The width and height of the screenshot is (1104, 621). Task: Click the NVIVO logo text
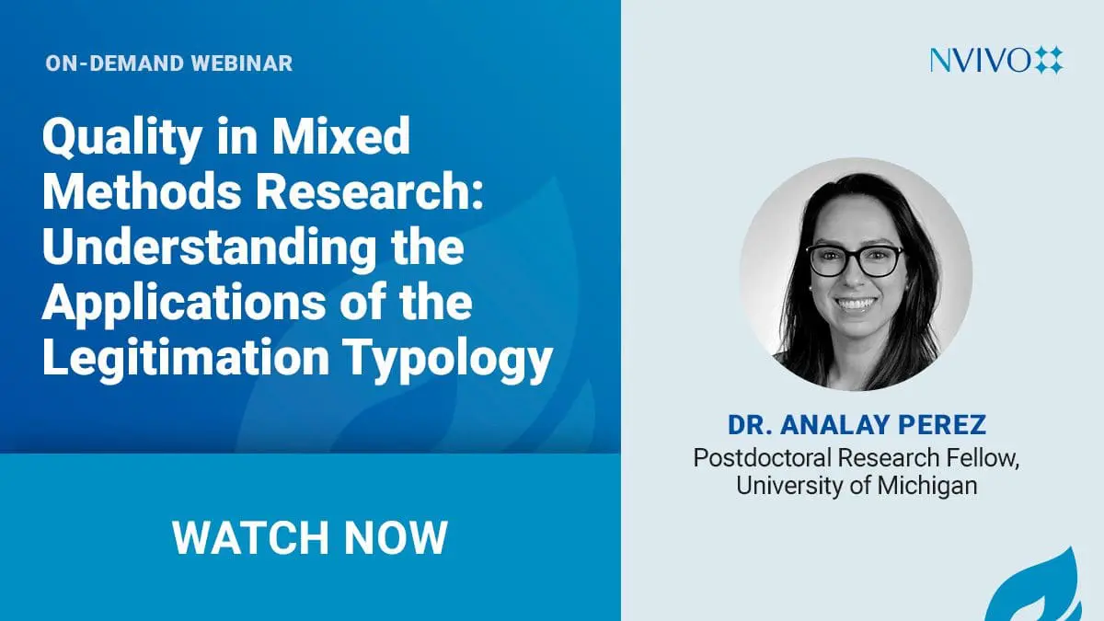[x=980, y=60]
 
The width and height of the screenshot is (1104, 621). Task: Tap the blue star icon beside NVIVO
[x=1048, y=60]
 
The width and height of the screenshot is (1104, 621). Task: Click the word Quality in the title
[x=122, y=139]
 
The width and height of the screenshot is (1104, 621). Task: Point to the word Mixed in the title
[x=341, y=135]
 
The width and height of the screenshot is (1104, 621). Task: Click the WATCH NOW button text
[x=310, y=537]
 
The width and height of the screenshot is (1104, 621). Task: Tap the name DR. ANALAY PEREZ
[x=857, y=425]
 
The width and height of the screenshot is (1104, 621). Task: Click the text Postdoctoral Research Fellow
[x=857, y=458]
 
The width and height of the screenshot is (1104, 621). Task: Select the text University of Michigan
[x=857, y=486]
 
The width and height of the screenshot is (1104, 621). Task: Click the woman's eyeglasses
[x=857, y=260]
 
